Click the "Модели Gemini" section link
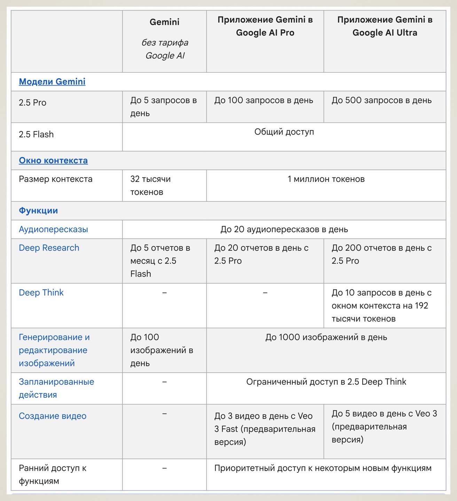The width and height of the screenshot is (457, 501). (52, 82)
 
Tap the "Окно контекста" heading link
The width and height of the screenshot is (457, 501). (53, 160)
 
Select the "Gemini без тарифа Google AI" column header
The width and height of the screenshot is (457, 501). (165, 39)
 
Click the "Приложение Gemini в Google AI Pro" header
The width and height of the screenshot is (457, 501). (265, 26)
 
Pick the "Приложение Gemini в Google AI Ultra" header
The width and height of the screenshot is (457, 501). (385, 26)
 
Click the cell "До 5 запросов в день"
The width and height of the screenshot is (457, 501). (164, 107)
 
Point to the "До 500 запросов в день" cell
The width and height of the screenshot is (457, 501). (381, 101)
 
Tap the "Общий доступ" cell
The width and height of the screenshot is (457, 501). (284, 132)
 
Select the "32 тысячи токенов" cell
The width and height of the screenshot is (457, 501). (150, 185)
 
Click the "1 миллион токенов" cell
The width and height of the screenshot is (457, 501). (326, 179)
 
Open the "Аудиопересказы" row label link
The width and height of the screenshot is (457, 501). (53, 230)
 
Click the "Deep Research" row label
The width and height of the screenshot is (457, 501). (49, 248)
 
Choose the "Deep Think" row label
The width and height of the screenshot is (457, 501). (41, 293)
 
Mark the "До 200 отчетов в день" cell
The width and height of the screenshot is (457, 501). (381, 254)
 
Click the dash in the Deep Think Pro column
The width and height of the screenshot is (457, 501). (265, 293)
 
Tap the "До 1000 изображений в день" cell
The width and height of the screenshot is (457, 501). (326, 337)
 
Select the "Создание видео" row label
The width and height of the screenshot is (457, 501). (53, 416)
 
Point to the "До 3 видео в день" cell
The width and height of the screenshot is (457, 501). (265, 429)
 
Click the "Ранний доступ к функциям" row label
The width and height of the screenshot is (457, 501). (53, 475)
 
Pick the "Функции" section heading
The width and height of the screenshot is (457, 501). (38, 211)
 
